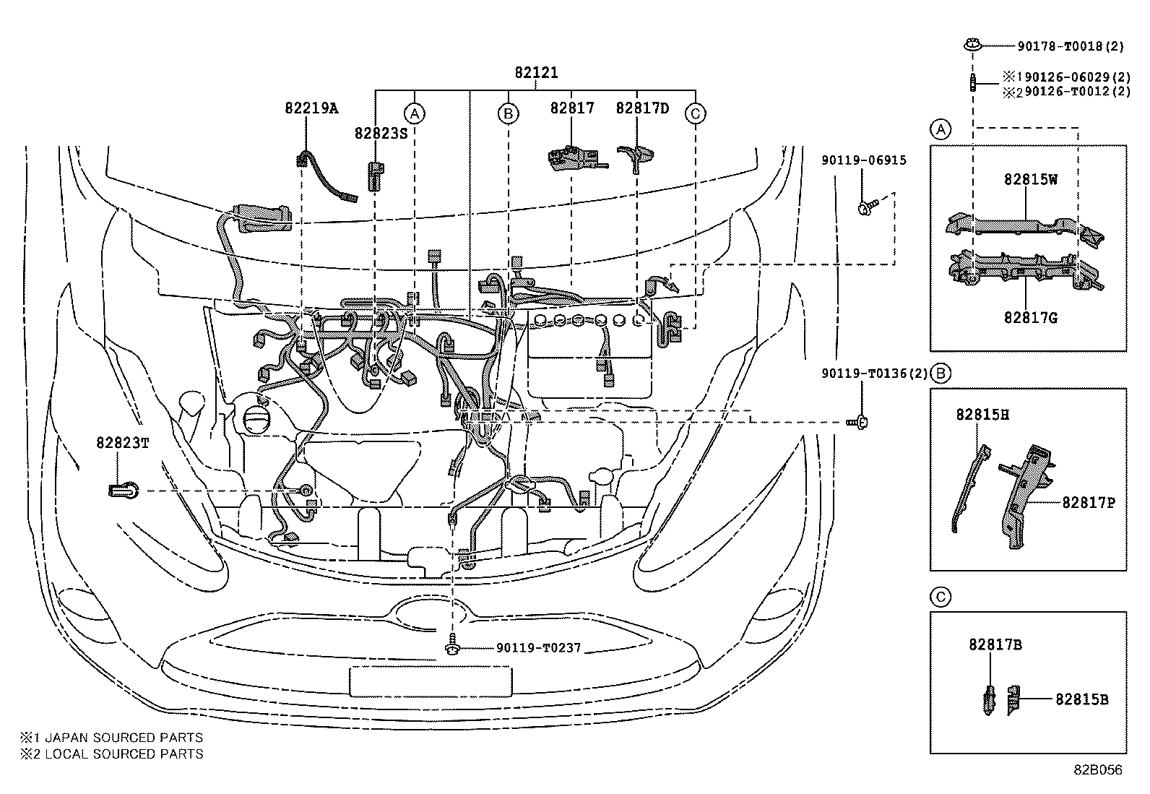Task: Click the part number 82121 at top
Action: pos(536,73)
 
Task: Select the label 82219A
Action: pos(311,108)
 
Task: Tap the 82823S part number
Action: pos(381,134)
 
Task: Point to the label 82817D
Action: pos(642,108)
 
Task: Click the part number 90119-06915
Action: pos(863,160)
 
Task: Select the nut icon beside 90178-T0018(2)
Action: pos(972,46)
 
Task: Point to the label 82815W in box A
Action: pos(1030,180)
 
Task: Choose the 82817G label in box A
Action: pos(1030,317)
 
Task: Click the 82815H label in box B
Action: pos(982,415)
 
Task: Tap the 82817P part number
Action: pos(1088,502)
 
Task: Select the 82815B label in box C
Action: pos(1081,699)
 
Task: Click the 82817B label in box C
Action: pos(995,645)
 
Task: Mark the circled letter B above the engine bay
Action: pos(508,113)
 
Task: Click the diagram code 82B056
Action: pos(1097,770)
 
